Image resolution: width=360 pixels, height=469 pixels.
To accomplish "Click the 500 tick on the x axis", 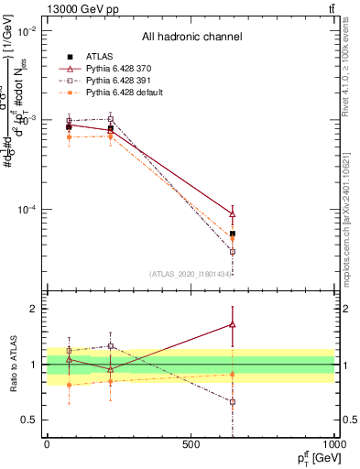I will (191, 443).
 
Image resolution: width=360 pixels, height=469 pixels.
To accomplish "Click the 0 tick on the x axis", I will (47, 443).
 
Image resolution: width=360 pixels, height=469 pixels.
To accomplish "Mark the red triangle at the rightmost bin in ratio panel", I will (233, 324).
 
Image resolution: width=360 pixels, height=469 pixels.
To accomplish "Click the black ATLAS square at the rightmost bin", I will (233, 234).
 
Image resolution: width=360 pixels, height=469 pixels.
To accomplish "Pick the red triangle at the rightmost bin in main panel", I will (233, 214).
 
